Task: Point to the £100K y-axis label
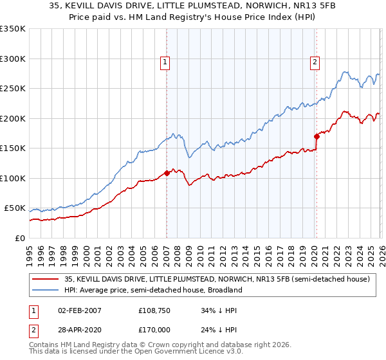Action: point(13,178)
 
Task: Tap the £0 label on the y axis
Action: point(19,238)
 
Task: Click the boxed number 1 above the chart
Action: point(165,62)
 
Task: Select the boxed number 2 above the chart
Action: point(315,62)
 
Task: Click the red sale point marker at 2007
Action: point(167,172)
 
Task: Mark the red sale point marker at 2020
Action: point(317,136)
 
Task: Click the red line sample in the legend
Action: point(44,280)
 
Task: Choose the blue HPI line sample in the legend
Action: point(44,291)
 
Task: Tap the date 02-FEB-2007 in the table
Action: point(78,310)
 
